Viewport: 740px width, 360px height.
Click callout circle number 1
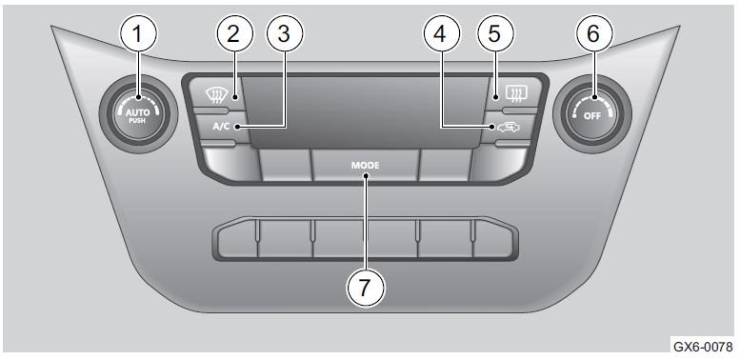138,33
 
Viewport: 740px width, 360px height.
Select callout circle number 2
234,33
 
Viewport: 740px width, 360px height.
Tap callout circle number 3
285,33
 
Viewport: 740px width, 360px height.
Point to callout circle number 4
441,33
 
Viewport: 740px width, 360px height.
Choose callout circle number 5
495,33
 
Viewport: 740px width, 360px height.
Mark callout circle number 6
593,33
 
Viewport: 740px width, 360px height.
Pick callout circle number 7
366,288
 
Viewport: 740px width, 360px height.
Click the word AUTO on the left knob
137,112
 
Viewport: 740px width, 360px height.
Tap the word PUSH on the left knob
138,120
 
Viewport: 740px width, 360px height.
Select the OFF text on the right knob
592,115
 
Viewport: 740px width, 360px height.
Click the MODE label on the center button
365,166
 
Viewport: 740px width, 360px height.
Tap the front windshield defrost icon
215,96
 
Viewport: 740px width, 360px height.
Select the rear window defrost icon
516,93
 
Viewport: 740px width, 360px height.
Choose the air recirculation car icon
508,128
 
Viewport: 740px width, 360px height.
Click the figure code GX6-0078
703,347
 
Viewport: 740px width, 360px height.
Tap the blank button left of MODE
285,165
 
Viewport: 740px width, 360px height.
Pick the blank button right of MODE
446,165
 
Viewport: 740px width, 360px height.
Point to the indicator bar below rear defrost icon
520,110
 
